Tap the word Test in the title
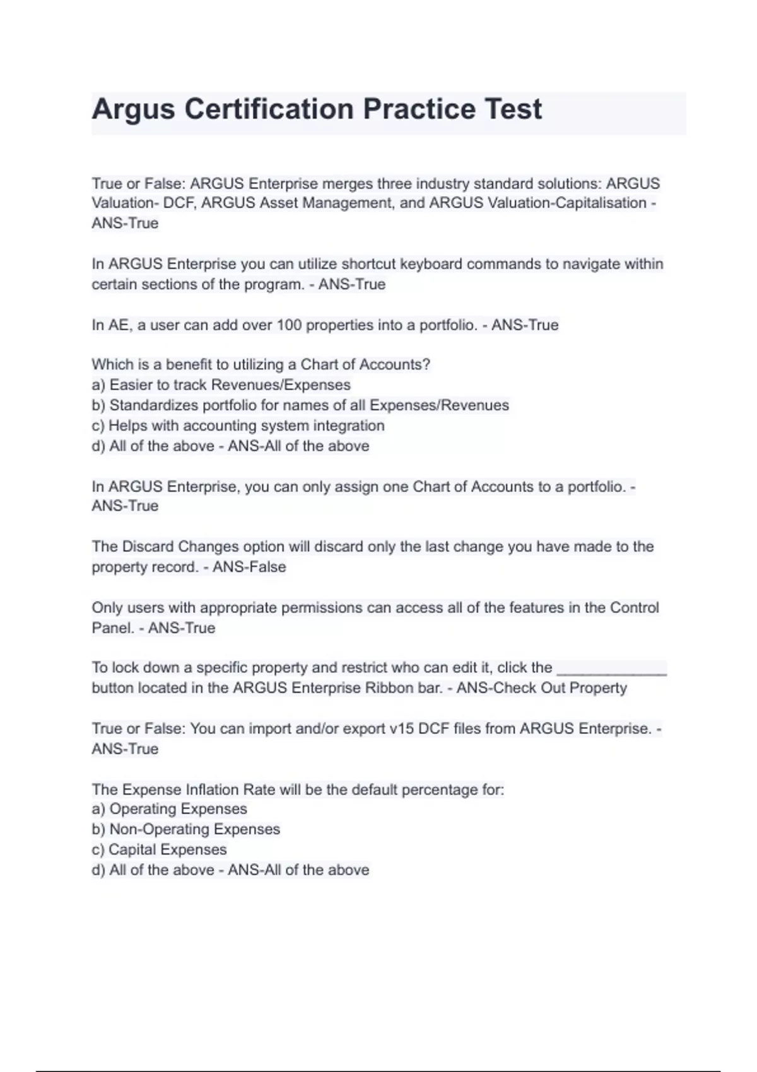(512, 109)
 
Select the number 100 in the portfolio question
(289, 325)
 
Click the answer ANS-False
(249, 567)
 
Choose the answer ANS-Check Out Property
(541, 688)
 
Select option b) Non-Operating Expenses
(186, 829)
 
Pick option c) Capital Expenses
(159, 849)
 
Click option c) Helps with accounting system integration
(238, 426)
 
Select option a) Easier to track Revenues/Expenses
(221, 385)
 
